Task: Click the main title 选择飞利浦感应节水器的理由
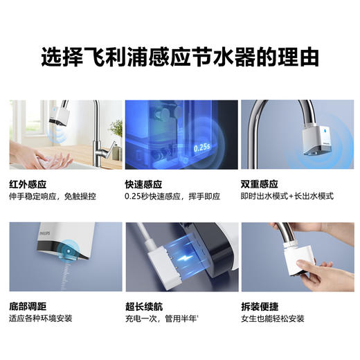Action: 180,55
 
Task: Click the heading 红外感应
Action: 27,184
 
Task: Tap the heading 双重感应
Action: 259,184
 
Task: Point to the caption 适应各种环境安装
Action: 41,319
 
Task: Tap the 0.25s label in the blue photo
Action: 201,147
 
